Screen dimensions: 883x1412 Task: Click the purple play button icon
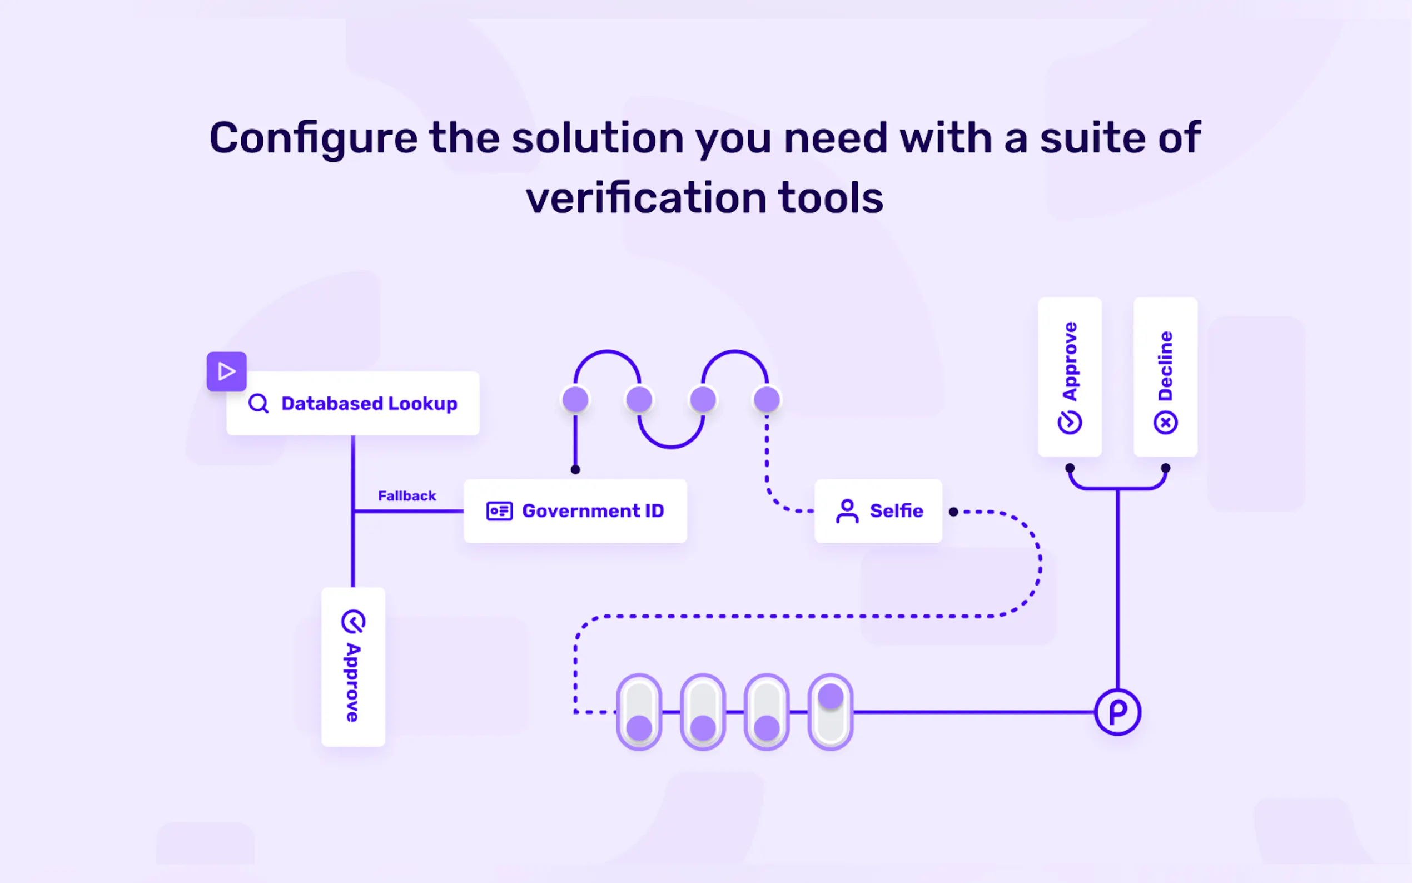click(226, 371)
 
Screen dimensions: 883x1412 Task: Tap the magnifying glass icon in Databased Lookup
click(258, 404)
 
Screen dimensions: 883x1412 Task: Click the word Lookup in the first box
click(422, 404)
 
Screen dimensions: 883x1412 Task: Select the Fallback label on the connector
click(407, 496)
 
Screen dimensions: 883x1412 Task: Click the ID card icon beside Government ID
click(499, 511)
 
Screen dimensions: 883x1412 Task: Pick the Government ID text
click(593, 511)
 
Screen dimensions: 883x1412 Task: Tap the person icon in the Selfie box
click(847, 511)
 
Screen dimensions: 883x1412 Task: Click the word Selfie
click(897, 511)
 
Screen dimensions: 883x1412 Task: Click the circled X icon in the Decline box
click(1166, 422)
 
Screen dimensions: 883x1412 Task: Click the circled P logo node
click(1117, 712)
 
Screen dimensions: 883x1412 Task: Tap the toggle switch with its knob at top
click(831, 712)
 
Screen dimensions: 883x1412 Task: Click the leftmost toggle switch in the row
click(639, 712)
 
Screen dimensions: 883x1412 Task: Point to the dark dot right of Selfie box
click(953, 512)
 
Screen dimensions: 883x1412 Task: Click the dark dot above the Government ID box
click(575, 469)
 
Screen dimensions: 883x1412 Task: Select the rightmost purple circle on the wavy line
click(767, 400)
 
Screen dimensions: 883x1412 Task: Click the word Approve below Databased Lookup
click(352, 682)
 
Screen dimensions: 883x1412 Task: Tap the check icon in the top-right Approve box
click(1070, 422)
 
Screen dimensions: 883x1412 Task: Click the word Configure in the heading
click(314, 138)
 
